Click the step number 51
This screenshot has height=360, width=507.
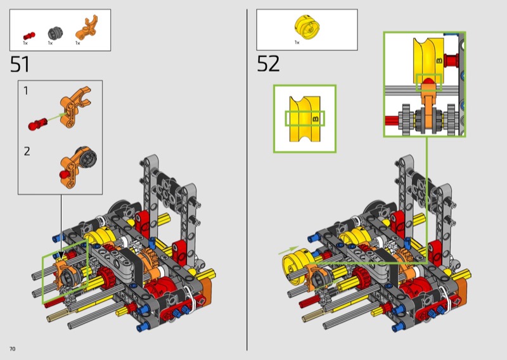coord(20,64)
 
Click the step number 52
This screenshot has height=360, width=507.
coord(268,64)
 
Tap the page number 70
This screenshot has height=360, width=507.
coord(12,349)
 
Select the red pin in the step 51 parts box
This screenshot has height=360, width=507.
coord(29,35)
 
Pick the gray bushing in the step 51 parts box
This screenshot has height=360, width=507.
coord(55,33)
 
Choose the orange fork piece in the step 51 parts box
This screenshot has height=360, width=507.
coord(86,28)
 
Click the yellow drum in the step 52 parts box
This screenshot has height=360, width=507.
coord(307,26)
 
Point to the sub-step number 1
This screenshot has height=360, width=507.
coord(26,91)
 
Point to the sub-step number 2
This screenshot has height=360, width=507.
coord(27,151)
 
